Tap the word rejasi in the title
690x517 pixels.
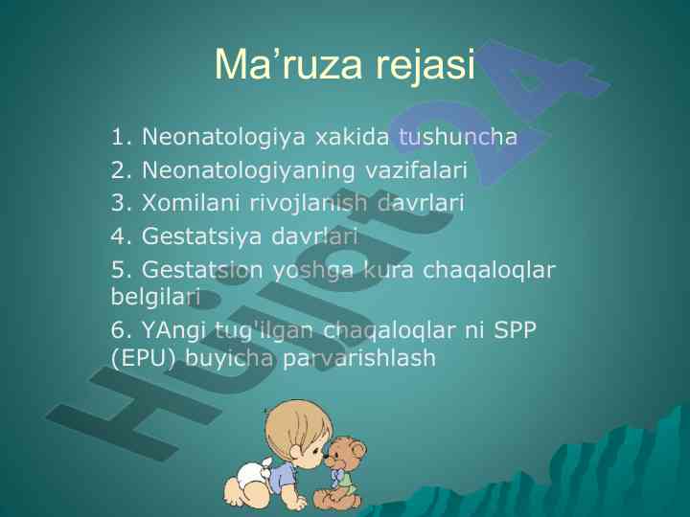point(425,66)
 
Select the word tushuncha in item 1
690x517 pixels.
point(458,136)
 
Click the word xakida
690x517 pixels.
point(352,136)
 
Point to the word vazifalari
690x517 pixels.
point(416,169)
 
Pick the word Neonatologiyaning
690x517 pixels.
point(248,171)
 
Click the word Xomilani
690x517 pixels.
point(191,203)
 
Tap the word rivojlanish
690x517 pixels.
point(308,204)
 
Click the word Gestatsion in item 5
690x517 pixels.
point(202,269)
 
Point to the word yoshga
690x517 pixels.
point(312,271)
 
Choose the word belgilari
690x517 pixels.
point(155,298)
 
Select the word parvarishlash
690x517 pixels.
point(359,358)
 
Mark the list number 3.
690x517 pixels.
point(119,203)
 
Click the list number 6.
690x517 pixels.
point(119,329)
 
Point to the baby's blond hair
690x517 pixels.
point(296,423)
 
